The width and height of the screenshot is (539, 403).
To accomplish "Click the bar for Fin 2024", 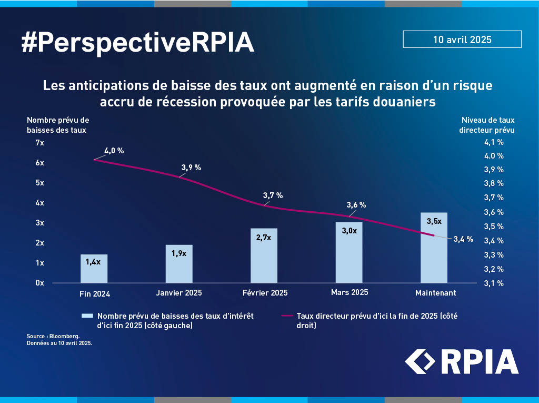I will (x=94, y=269).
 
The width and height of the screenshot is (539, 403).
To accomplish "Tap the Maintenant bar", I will (x=434, y=248).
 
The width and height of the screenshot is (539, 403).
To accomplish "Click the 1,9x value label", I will (x=179, y=253).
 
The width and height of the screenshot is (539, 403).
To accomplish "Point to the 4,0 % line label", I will (x=114, y=151).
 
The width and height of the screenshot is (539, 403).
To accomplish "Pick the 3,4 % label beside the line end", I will (x=463, y=239).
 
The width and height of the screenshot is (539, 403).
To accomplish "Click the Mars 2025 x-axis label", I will (x=350, y=292).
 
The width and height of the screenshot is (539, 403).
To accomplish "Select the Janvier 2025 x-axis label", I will (x=179, y=292).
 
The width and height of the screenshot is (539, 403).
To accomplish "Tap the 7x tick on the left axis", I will (x=40, y=143).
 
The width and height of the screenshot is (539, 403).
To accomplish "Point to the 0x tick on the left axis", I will (x=40, y=283).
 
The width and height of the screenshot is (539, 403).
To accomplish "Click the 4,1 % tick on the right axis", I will (x=494, y=142).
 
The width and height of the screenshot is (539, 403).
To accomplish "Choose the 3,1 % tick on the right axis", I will (x=494, y=283).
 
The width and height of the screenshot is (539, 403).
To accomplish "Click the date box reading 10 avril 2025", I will (x=462, y=40).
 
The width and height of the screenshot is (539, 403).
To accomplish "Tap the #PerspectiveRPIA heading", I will (x=137, y=43).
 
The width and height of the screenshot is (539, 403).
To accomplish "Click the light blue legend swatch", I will (x=87, y=316).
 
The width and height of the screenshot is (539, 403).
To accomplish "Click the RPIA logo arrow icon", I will (x=420, y=361).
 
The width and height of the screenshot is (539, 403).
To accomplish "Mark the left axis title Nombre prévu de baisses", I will (x=58, y=124).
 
